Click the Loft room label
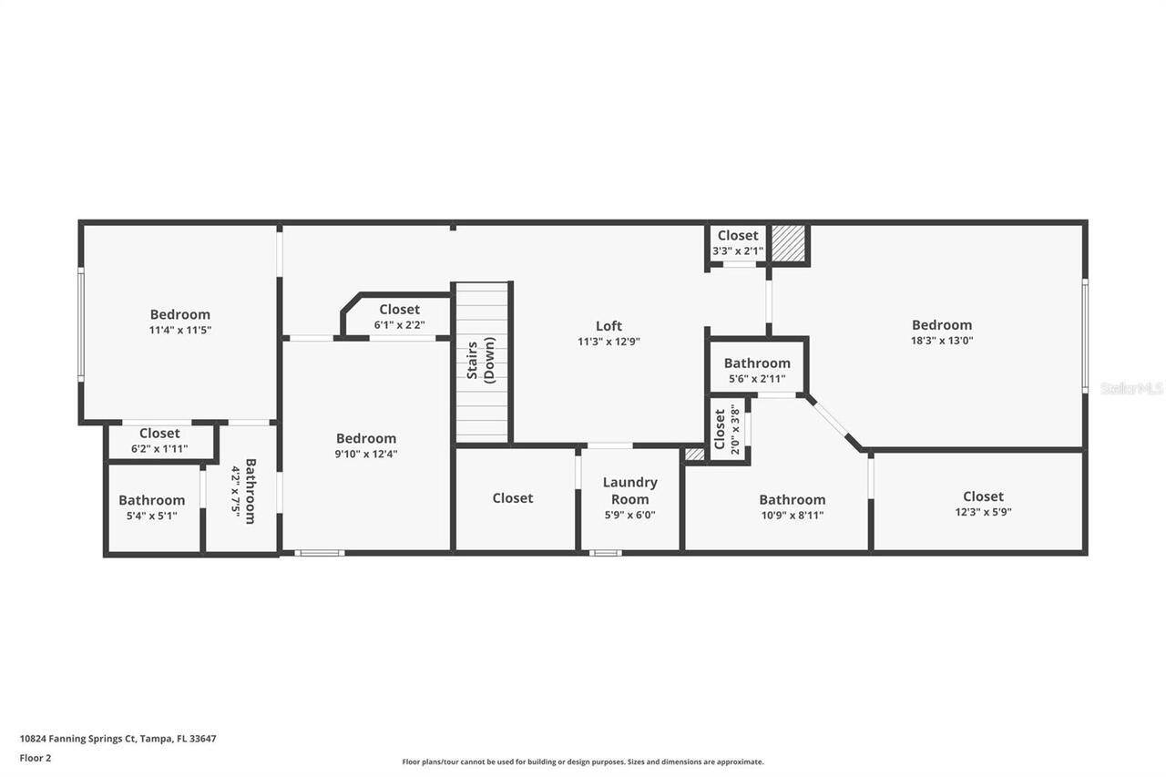pos(609,326)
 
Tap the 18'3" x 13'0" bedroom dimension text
pos(942,341)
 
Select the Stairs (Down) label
pos(482,362)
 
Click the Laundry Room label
pos(629,490)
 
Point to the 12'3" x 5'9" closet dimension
pos(983,512)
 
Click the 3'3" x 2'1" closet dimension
pos(738,250)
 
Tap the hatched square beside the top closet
pos(789,244)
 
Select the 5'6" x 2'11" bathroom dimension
pos(757,379)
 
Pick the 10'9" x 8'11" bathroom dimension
pos(793,515)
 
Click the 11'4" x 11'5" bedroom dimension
pos(179,330)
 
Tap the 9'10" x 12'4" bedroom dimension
pos(366,454)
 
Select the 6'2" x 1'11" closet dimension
pos(159,448)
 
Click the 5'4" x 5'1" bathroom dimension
pos(151,516)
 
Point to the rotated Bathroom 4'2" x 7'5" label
pos(242,491)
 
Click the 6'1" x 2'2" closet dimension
pos(399,324)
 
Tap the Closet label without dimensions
pos(513,498)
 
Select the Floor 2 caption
pos(36,758)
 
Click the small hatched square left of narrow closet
pos(694,454)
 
